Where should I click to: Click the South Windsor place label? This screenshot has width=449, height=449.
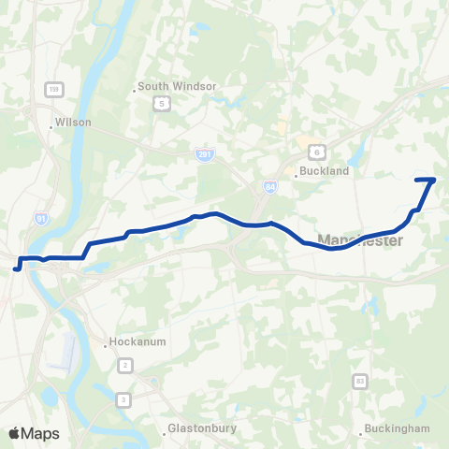[x=177, y=87]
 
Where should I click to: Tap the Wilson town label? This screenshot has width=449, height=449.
[x=73, y=122]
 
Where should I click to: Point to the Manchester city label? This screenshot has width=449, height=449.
[x=360, y=241]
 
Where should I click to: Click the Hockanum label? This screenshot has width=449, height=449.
[x=138, y=341]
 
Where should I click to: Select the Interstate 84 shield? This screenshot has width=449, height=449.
[x=270, y=187]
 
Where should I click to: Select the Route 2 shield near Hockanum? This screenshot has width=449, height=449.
[x=124, y=363]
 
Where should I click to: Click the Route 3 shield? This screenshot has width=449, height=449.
[x=123, y=400]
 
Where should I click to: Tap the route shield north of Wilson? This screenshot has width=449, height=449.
[x=54, y=89]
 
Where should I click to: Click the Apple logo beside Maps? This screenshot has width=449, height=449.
[x=14, y=433]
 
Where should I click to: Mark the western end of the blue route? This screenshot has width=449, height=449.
[x=16, y=268]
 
